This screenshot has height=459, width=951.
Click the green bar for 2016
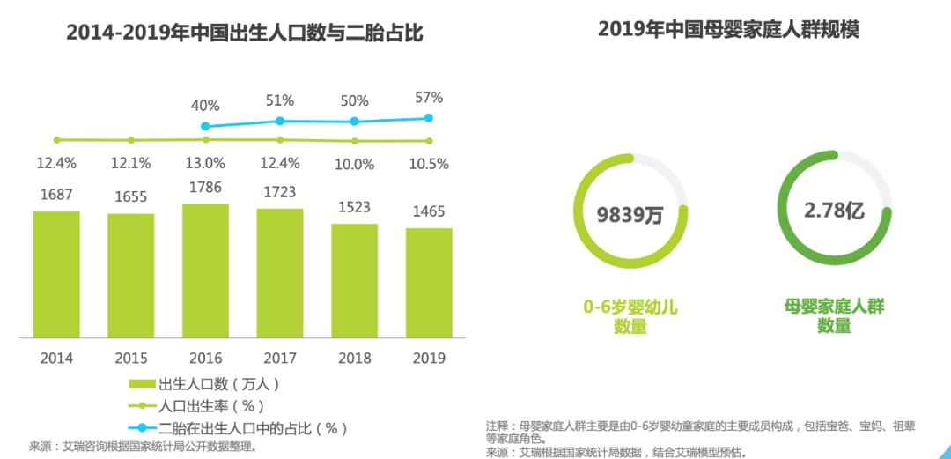[x=205, y=270]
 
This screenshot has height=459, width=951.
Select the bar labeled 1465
[x=429, y=282]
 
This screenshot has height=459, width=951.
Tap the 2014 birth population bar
[x=56, y=274]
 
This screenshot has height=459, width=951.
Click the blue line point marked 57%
[x=429, y=118]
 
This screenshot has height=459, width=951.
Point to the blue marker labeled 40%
[x=205, y=127]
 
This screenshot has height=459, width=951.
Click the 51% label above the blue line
[x=280, y=100]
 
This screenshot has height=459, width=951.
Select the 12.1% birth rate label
[x=130, y=163]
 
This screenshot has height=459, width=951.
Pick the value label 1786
[x=205, y=187]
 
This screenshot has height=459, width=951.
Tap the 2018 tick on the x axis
[x=354, y=359]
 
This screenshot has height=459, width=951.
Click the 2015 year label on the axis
[x=130, y=359]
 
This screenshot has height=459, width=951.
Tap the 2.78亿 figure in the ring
[x=833, y=210]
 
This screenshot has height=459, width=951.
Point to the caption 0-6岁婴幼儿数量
[x=630, y=316]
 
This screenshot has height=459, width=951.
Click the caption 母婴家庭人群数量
[x=834, y=316]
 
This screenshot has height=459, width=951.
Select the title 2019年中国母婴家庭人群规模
[x=728, y=30]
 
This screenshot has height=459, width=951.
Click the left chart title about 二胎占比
[x=245, y=33]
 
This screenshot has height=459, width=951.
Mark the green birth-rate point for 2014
[x=56, y=139]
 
